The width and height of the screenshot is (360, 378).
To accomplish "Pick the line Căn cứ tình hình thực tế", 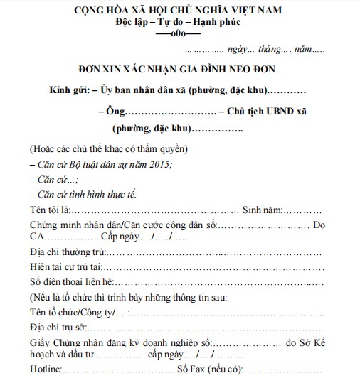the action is [83, 194].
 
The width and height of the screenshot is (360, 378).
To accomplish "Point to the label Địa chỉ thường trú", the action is [68, 253].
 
